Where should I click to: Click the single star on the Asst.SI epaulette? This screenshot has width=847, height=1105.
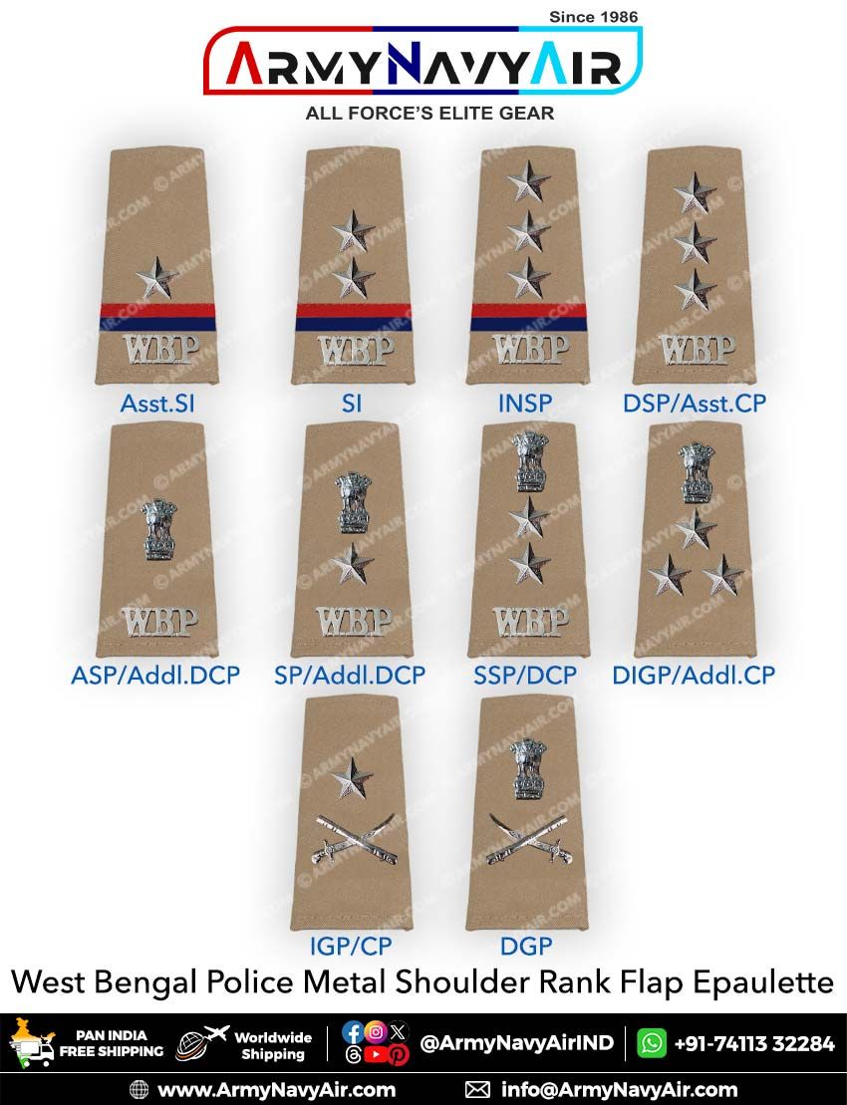(x=156, y=278)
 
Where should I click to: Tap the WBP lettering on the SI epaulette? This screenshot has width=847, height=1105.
(x=355, y=351)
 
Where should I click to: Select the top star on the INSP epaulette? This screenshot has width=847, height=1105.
(x=528, y=180)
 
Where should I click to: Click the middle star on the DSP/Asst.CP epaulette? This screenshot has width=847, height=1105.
(x=695, y=242)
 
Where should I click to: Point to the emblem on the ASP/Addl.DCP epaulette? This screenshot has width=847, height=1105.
(x=160, y=529)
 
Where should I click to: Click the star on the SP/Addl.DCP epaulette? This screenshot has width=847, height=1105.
(x=353, y=564)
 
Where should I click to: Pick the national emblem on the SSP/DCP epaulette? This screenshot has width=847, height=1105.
(x=530, y=461)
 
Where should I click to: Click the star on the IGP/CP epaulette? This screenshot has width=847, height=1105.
(x=353, y=779)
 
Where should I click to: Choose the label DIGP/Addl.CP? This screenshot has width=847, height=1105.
(x=694, y=675)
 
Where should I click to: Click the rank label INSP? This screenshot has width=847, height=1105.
(x=525, y=404)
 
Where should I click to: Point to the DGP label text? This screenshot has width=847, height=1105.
(x=526, y=946)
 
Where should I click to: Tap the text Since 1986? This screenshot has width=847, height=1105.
(x=593, y=16)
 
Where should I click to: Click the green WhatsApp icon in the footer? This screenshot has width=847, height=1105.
(x=651, y=1043)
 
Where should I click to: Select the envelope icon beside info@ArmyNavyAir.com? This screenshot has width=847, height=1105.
(x=477, y=1089)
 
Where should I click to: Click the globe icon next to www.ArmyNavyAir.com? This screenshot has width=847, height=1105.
(x=139, y=1089)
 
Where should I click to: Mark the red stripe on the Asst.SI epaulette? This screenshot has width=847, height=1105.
(x=156, y=309)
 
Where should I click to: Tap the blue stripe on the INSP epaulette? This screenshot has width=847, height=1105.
(x=528, y=324)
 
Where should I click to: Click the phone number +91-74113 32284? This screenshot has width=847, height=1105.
(x=754, y=1043)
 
